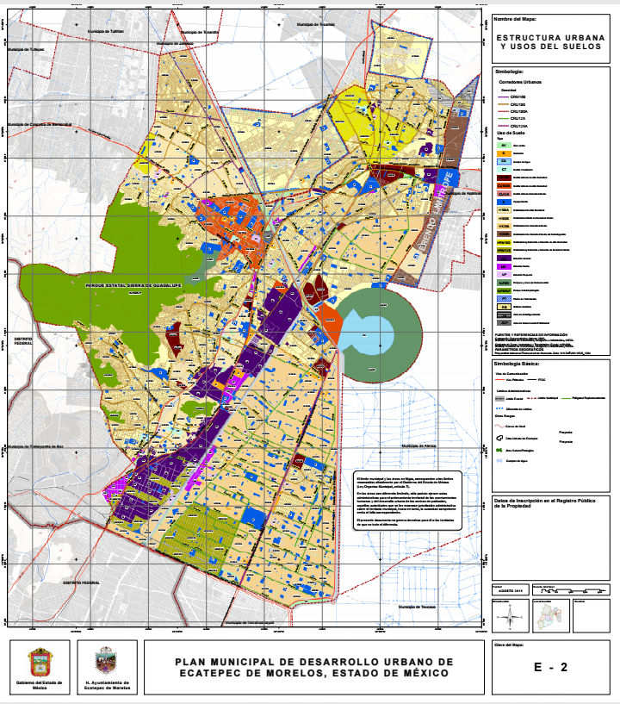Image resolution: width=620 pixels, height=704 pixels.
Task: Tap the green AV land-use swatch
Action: point(503,146)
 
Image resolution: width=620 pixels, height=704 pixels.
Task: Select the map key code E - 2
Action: point(550,666)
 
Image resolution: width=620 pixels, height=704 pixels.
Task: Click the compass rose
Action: point(510,615)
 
